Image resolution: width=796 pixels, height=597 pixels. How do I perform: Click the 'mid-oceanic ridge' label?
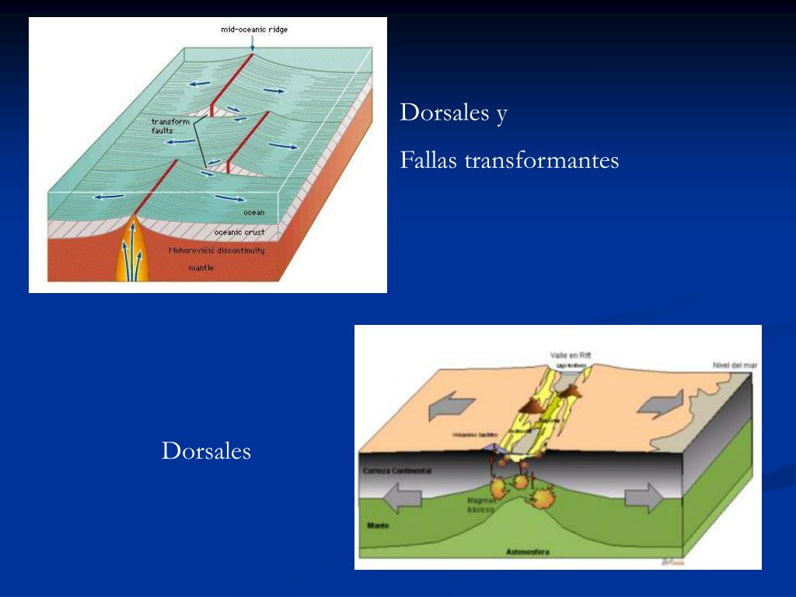[254, 29]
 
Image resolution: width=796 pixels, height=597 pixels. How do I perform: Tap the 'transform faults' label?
[170, 126]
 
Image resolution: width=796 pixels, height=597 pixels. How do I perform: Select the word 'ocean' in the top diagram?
[253, 212]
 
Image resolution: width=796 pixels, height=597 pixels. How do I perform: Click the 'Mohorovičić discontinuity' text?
[216, 250]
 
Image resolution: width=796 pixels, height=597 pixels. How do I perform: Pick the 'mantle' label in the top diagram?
[201, 268]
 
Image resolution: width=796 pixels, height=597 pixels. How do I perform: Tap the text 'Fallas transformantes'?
[509, 160]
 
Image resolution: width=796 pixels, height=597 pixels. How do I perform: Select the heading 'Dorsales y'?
[453, 113]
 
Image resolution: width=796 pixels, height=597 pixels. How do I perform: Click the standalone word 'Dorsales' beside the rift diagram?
[206, 451]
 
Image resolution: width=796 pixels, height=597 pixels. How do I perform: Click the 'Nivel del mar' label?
[735, 365]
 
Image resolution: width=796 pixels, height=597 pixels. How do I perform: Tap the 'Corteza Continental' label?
[397, 472]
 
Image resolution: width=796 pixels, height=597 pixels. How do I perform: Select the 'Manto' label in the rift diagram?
[378, 525]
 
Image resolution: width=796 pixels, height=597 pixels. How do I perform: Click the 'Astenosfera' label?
[528, 552]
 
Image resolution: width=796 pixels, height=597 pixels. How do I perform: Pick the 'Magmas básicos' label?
[481, 505]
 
